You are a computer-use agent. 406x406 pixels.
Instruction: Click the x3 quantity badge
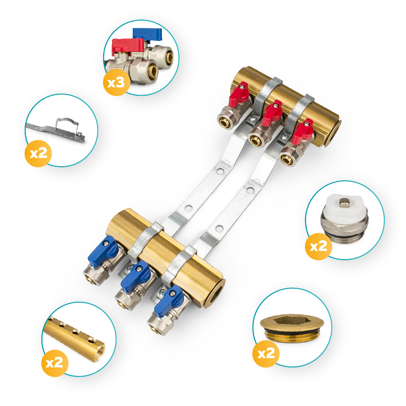(x=117, y=82)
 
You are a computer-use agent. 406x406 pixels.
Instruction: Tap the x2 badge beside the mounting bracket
(x=38, y=153)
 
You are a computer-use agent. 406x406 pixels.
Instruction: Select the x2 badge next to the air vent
(x=319, y=246)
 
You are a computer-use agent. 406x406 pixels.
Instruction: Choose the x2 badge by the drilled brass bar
(x=55, y=363)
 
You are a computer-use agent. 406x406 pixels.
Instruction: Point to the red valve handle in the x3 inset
(x=127, y=47)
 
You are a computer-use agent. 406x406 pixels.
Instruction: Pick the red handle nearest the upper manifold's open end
(x=302, y=131)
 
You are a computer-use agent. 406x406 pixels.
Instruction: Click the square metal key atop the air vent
(x=344, y=202)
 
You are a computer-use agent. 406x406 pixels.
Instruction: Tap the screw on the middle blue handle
(x=139, y=269)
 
